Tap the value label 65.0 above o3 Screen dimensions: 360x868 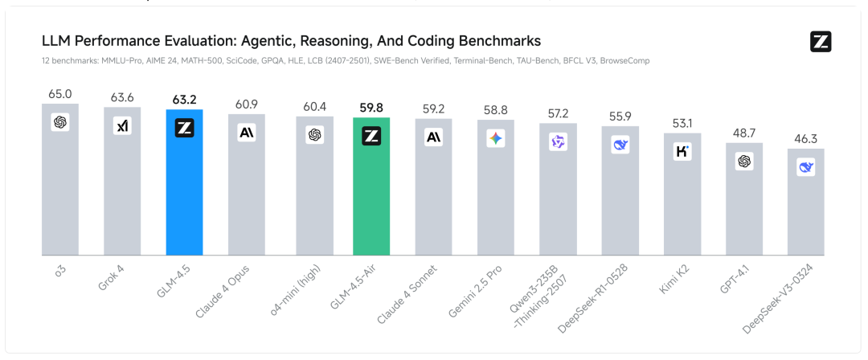pyautogui.click(x=60, y=94)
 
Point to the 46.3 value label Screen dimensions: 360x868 pyautogui.click(x=805, y=139)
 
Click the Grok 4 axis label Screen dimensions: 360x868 pyautogui.click(x=112, y=276)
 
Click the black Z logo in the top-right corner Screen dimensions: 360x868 pyautogui.click(x=821, y=42)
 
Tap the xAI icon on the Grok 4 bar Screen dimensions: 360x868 pyautogui.click(x=122, y=126)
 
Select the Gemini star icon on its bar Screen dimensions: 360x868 pyautogui.click(x=496, y=138)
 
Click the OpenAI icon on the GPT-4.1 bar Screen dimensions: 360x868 pyautogui.click(x=744, y=162)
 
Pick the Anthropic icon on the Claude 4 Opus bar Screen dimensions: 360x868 pyautogui.click(x=247, y=133)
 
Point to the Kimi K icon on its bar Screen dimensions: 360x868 pyautogui.click(x=682, y=151)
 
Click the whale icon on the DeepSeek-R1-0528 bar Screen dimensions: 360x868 pyautogui.click(x=620, y=145)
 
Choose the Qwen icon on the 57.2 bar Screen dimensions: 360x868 pyautogui.click(x=558, y=141)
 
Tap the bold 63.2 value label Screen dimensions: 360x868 pyautogui.click(x=184, y=100)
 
